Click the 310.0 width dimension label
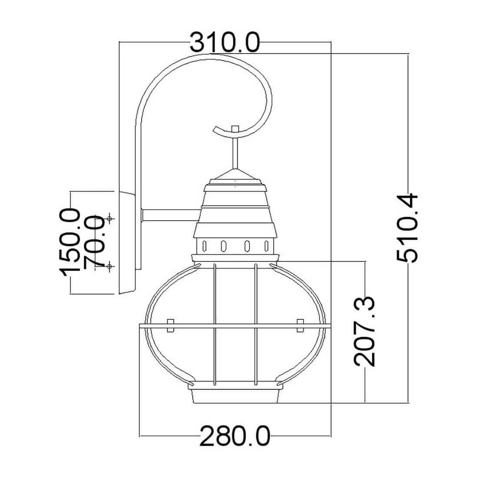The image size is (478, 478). pos(225,43)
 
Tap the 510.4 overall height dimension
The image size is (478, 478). pos(407,228)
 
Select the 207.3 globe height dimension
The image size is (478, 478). pos(365,331)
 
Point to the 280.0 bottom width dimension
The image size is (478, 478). pos(235,436)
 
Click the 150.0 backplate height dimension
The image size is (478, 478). pos(70,242)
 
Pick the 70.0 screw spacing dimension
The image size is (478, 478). pos(94,242)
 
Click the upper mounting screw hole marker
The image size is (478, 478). pos(110,218)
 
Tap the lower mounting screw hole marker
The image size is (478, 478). pos(110,266)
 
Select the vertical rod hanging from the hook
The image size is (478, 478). pos(235,153)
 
